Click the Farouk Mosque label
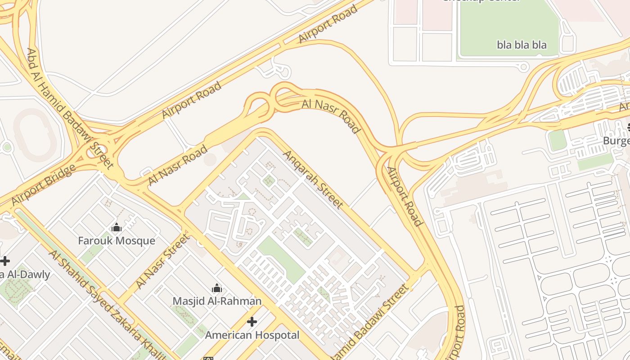[x=117, y=241]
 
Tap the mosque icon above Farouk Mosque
[x=117, y=228]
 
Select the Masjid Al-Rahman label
[x=217, y=301]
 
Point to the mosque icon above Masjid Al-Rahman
[x=217, y=288]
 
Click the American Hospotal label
[x=252, y=335]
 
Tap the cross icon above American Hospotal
[x=252, y=322]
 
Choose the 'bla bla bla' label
[x=522, y=45]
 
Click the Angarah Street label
[x=313, y=180]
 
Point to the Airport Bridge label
[x=43, y=185]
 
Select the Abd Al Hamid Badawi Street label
[x=70, y=108]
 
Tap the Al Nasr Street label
[x=162, y=261]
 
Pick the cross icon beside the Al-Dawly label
[x=4, y=261]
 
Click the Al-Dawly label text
[x=25, y=274]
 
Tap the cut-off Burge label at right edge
[x=616, y=141]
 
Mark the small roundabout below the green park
[x=523, y=67]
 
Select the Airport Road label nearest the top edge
[x=328, y=24]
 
